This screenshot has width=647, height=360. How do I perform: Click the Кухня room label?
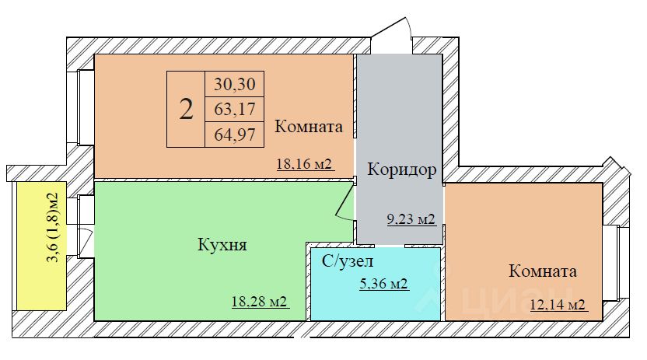click(222, 246)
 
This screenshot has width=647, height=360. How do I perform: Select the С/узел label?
click(348, 261)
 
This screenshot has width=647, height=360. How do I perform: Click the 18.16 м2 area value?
click(304, 164)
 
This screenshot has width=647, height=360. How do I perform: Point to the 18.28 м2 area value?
click(260, 302)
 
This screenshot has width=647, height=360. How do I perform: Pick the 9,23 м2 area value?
click(410, 219)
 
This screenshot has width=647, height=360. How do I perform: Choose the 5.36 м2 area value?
click(383, 285)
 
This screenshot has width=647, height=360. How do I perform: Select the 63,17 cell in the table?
click(233, 108)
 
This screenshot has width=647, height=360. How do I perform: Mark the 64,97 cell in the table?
click(233, 134)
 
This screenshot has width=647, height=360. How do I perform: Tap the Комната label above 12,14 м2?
click(542, 271)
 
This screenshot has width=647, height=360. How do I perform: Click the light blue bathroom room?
click(375, 303)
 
